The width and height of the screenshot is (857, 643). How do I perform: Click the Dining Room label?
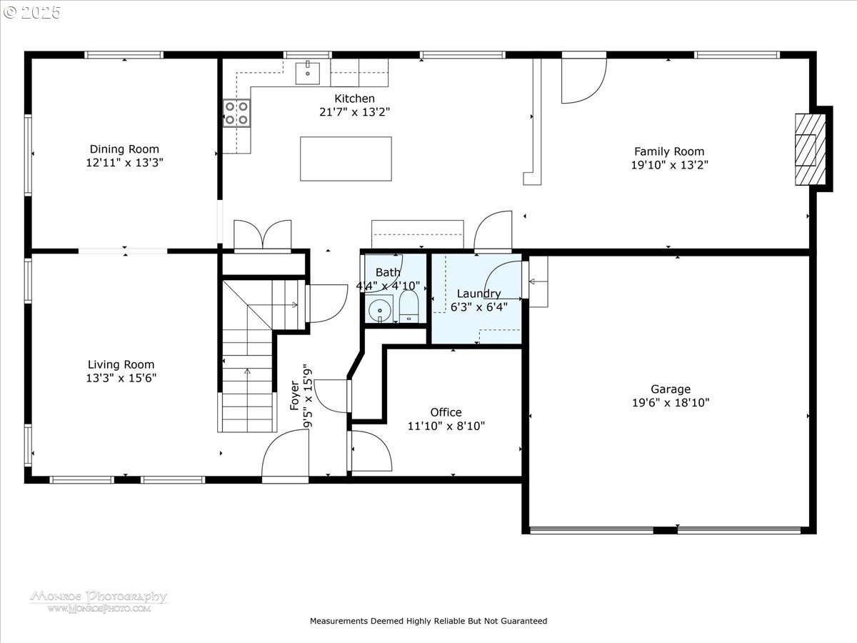click(x=124, y=149)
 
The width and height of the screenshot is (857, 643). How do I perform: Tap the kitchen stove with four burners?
click(x=236, y=113)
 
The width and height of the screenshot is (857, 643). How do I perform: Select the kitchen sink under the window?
click(x=308, y=73)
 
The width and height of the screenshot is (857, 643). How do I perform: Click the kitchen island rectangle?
click(x=346, y=159)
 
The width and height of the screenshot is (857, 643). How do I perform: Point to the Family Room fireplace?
click(x=811, y=149)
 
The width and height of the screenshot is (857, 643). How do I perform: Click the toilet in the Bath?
click(x=409, y=307)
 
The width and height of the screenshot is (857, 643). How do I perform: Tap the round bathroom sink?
click(x=379, y=309)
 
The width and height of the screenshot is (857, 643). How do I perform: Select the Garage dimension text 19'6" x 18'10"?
click(x=671, y=402)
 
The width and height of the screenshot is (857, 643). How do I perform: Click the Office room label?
click(x=446, y=412)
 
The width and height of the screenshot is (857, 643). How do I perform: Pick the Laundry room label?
click(x=478, y=294)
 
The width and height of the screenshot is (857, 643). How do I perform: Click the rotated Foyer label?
click(x=294, y=396)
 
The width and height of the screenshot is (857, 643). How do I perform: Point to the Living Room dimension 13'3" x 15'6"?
click(x=121, y=378)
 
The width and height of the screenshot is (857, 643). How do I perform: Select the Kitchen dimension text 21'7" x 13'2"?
click(x=354, y=112)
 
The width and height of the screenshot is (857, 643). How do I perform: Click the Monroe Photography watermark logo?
click(x=99, y=602)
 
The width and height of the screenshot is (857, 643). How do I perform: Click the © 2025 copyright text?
click(x=31, y=13)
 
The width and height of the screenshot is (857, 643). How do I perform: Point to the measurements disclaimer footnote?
click(x=428, y=621)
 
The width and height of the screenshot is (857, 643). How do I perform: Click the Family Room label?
click(x=669, y=151)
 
